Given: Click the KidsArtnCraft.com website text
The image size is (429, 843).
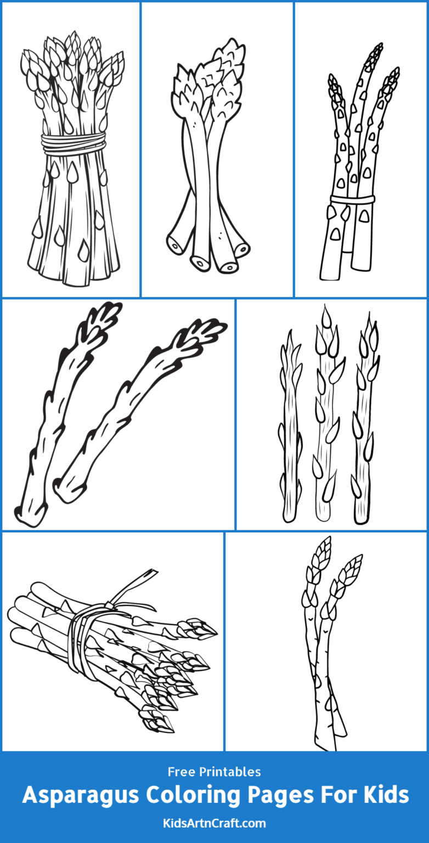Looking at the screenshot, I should tap(214, 823).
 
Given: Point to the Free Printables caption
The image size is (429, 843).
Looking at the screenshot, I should tap(214, 772).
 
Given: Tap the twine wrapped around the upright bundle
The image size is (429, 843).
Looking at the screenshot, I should tap(73, 144).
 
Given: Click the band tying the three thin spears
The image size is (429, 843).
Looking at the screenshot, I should tap(352, 199).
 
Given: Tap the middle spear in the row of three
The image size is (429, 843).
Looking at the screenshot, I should tap(325, 417).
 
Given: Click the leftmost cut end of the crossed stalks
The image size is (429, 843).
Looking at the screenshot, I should tap(177, 245).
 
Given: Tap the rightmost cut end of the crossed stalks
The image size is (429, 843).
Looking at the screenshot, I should tap(241, 250).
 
